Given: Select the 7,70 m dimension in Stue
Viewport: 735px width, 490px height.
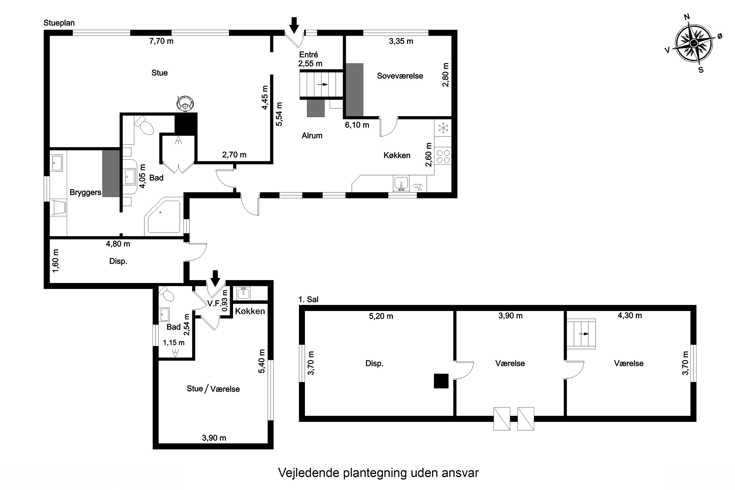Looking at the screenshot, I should [x=161, y=41].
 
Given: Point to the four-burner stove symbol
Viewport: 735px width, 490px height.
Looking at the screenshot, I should [x=443, y=156].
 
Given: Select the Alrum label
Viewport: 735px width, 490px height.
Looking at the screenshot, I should [x=312, y=136].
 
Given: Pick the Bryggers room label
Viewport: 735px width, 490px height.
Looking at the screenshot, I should [x=85, y=193].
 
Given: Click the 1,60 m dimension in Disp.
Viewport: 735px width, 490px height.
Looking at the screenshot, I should [x=56, y=261].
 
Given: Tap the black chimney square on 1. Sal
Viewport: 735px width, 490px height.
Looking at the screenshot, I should [x=441, y=381].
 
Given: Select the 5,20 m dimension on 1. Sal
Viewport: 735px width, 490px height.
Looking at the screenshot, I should [x=381, y=316].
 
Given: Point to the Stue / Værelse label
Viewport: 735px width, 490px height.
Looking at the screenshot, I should [x=213, y=389].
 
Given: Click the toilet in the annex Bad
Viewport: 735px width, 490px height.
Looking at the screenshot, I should [x=167, y=294].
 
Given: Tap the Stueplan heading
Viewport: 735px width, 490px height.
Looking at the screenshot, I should [x=59, y=23].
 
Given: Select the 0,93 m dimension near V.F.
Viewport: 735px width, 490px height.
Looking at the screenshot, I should [x=225, y=301].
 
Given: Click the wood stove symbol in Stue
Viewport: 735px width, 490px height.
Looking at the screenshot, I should [x=185, y=103].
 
